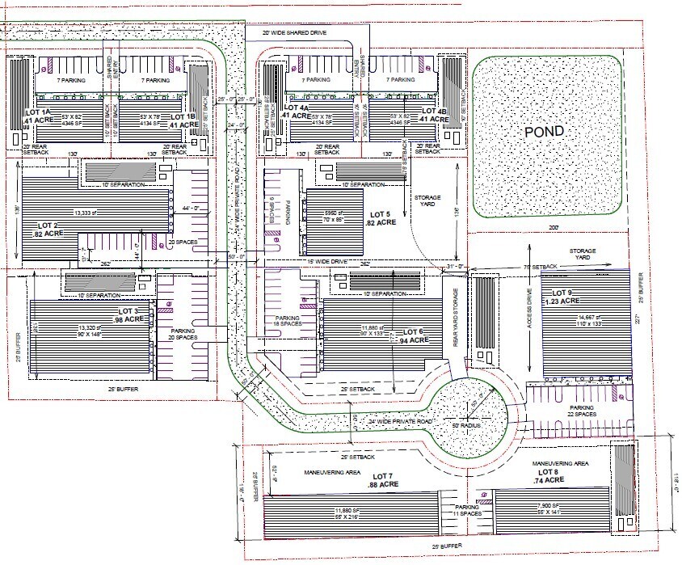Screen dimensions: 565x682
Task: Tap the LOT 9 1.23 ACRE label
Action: pyautogui.click(x=562, y=297)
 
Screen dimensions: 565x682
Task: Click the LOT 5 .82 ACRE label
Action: pyautogui.click(x=381, y=217)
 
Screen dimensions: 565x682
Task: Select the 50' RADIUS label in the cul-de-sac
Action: pyautogui.click(x=466, y=424)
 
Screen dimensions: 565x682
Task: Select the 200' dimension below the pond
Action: pyautogui.click(x=554, y=228)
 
